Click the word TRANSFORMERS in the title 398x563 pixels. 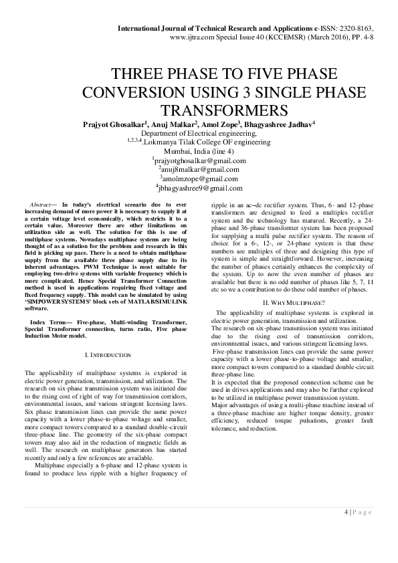click(198, 110)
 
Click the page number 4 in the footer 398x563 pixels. click(346, 512)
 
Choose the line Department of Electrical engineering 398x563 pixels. click(199, 133)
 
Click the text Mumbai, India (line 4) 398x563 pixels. click(199, 151)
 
